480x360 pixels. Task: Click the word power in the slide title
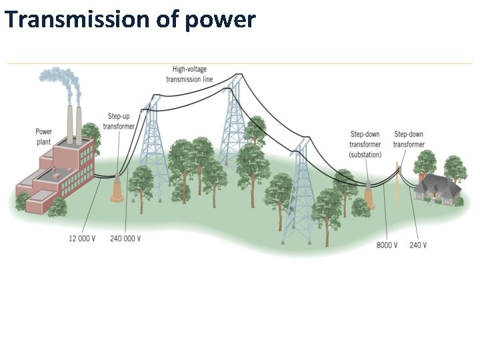[x=221, y=21]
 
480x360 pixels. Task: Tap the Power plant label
[x=44, y=137]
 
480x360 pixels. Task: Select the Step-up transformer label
[x=119, y=121]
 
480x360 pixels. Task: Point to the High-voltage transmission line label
[x=189, y=74]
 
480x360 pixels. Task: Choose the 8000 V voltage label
[x=387, y=245]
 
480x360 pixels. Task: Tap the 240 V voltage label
[x=418, y=245]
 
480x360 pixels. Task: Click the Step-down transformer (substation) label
[x=365, y=144]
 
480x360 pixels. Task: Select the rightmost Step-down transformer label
[x=409, y=139]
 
